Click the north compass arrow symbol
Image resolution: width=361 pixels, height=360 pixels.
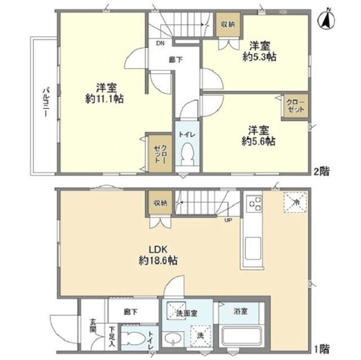328,21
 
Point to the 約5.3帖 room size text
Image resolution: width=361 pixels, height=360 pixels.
259,56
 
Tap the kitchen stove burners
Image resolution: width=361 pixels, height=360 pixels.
254,203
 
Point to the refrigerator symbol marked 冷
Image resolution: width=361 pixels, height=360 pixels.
294,202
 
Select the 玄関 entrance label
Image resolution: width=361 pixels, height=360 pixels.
93,326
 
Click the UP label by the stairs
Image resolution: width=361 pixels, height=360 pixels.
228,220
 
